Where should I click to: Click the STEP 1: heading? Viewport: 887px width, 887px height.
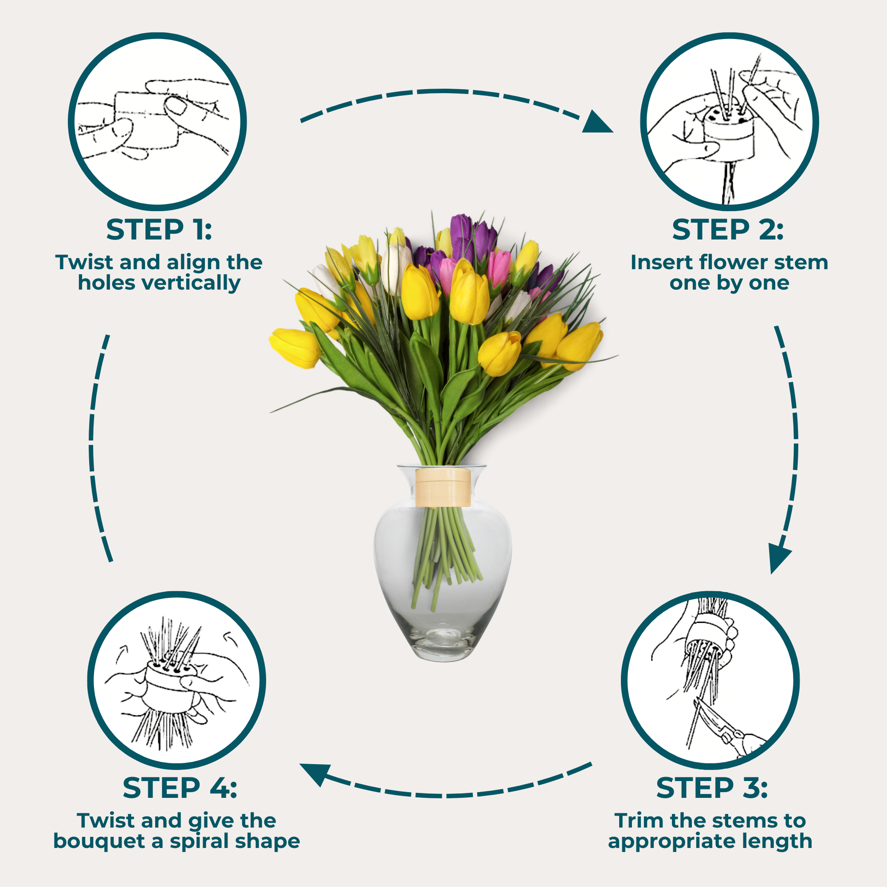coord(159,230)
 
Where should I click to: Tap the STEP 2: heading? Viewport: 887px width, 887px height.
coord(728,230)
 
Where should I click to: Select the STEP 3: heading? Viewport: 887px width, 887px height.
coord(712,788)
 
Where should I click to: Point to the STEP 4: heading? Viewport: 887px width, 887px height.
coord(180,788)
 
